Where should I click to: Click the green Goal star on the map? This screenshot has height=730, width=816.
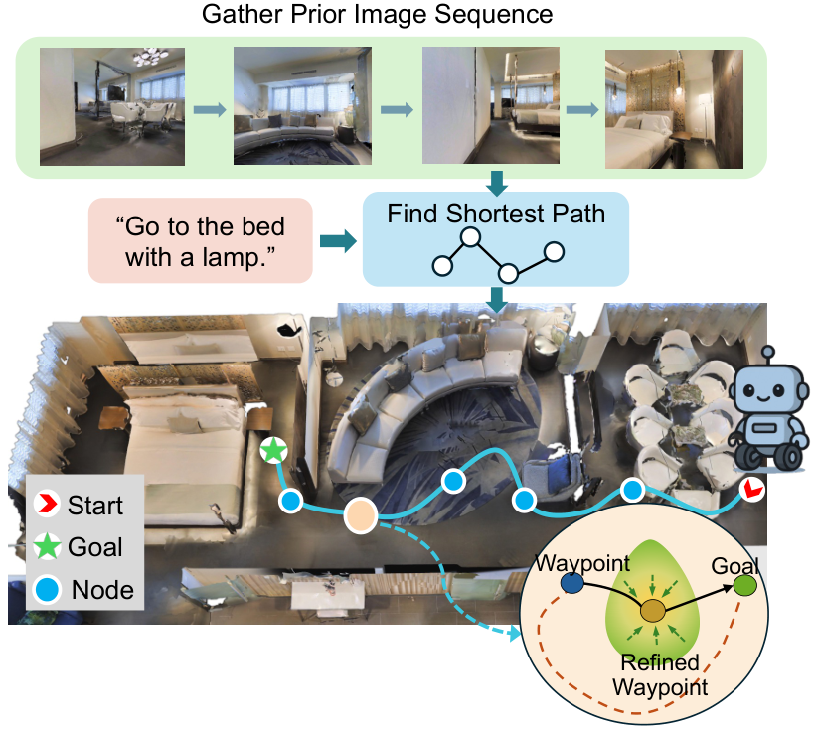pyautogui.click(x=273, y=450)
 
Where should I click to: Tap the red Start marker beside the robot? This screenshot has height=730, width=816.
pyautogui.click(x=752, y=489)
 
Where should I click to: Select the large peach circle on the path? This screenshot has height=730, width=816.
pyautogui.click(x=361, y=514)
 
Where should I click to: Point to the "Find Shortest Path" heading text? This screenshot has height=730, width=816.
pyautogui.click(x=496, y=214)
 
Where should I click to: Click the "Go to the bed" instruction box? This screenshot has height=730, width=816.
pyautogui.click(x=201, y=240)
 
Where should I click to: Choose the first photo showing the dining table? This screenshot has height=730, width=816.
pyautogui.click(x=112, y=106)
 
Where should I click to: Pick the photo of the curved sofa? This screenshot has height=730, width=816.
pyautogui.click(x=302, y=106)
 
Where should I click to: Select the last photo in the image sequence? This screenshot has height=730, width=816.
pyautogui.click(x=674, y=109)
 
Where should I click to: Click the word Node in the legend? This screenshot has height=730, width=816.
pyautogui.click(x=102, y=590)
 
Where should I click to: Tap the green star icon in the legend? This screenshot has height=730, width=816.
pyautogui.click(x=48, y=546)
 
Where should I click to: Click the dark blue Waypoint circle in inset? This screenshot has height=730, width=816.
pyautogui.click(x=571, y=583)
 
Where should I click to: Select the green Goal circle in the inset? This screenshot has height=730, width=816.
pyautogui.click(x=744, y=585)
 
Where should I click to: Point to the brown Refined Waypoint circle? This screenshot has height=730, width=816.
pyautogui.click(x=653, y=611)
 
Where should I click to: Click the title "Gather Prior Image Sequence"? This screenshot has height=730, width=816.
pyautogui.click(x=378, y=14)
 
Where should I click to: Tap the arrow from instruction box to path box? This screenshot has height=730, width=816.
pyautogui.click(x=338, y=241)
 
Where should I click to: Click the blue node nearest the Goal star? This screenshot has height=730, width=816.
pyautogui.click(x=291, y=502)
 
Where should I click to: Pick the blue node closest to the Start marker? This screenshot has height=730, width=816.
pyautogui.click(x=632, y=490)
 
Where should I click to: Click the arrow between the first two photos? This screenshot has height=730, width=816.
pyautogui.click(x=210, y=109)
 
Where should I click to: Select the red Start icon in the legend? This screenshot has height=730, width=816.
pyautogui.click(x=47, y=504)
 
